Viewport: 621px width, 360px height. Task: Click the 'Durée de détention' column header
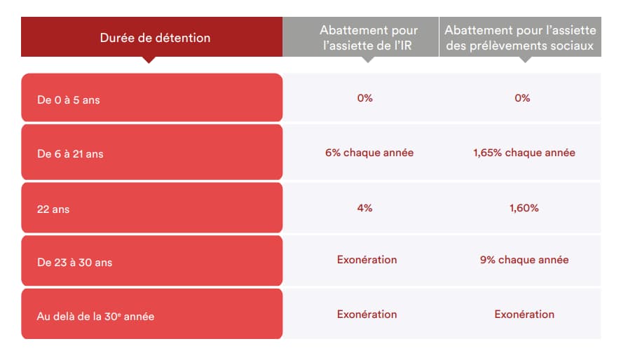click(x=155, y=38)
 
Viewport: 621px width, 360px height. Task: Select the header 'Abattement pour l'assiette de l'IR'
click(x=368, y=38)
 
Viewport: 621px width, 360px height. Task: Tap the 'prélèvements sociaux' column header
click(x=520, y=38)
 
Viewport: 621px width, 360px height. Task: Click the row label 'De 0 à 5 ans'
click(x=69, y=99)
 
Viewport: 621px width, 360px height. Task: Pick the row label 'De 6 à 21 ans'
click(x=70, y=154)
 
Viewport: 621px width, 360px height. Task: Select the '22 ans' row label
click(x=53, y=209)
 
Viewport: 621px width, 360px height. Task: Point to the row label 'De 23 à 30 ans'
click(x=74, y=262)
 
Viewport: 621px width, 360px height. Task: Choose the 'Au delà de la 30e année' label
click(x=95, y=316)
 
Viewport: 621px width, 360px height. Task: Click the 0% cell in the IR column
click(x=364, y=98)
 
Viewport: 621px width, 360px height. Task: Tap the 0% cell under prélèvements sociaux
click(x=522, y=98)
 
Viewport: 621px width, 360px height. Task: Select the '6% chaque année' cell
click(x=369, y=153)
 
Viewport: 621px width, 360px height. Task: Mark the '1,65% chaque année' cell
click(x=524, y=153)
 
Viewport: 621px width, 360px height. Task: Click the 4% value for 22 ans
click(x=364, y=208)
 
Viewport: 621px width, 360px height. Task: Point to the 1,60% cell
click(x=524, y=208)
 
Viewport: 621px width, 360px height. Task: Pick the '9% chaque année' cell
click(x=524, y=260)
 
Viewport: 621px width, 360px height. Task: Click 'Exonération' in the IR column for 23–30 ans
click(x=367, y=260)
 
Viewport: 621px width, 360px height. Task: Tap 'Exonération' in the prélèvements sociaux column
click(x=524, y=314)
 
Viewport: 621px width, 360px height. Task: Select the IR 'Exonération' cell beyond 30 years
click(x=367, y=314)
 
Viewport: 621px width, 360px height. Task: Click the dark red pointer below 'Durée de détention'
click(x=149, y=60)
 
